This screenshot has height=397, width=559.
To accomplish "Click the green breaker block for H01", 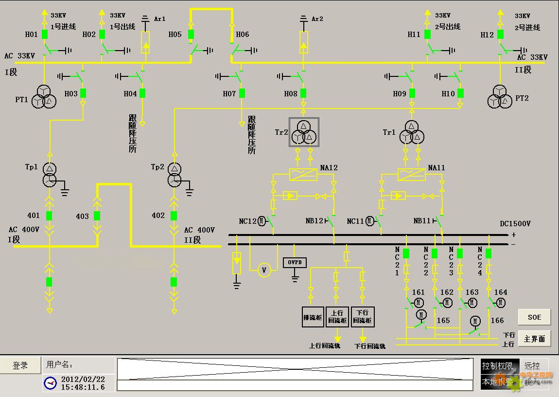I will coord(44,34).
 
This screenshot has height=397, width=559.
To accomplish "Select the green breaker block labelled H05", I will coord(191,34).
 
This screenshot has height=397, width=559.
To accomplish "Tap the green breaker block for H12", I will coord(500,35).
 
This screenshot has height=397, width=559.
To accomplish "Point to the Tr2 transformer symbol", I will coord(304,132).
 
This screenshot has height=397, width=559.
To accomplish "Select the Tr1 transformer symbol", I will coord(412,132).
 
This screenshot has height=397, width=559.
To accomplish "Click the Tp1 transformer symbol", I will coord(49,175).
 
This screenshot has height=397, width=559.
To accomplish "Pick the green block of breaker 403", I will coord(97,216).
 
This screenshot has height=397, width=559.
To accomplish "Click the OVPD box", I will coord(295,262).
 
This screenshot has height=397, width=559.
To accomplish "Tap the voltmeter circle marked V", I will coord(264,270).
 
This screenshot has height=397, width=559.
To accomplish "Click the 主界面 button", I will coord(534,339).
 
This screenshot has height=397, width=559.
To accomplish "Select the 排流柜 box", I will coord(313,317).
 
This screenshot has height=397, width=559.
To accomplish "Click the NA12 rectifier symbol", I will coord(303,174).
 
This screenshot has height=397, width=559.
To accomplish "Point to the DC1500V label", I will coord(515,224).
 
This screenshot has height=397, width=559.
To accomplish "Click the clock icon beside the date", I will coord(50,383).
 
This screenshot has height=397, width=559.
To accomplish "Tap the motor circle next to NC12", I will coord(262,221).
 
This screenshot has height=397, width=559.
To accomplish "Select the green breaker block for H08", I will coord(303,93).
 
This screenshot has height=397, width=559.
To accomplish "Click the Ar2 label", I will coord(317,19).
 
